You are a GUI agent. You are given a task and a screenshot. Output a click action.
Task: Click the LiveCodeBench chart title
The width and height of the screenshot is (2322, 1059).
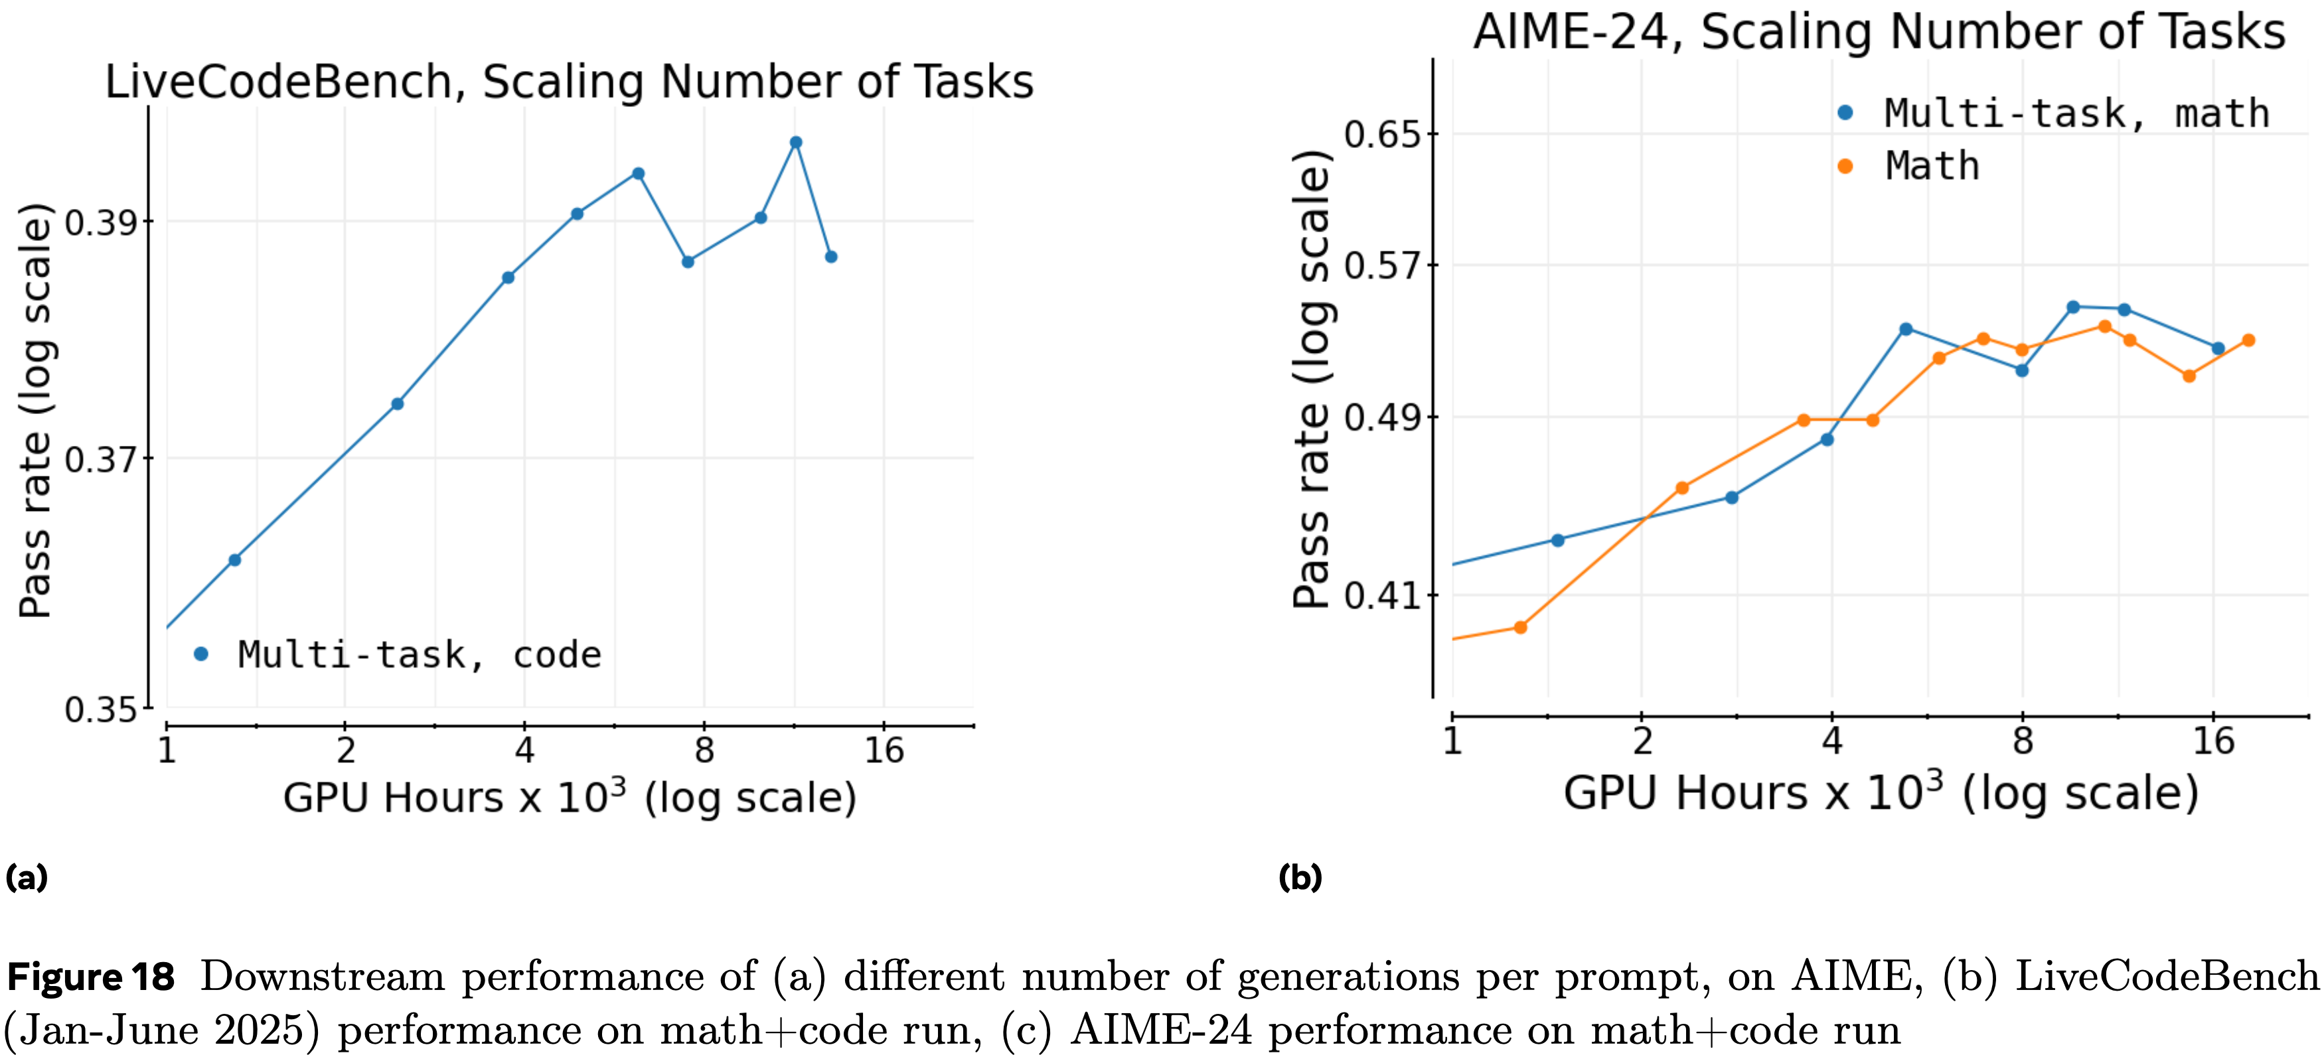(x=569, y=82)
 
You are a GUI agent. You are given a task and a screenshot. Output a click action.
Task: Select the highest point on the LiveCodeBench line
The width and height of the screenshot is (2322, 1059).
(x=796, y=143)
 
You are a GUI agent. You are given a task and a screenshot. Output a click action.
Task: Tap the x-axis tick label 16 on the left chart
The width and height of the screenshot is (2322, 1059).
(x=884, y=750)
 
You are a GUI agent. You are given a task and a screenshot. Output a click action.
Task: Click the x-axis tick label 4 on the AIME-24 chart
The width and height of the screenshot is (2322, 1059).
(x=1831, y=741)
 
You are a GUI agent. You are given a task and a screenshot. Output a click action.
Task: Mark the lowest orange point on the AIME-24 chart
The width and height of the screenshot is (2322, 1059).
(x=1521, y=627)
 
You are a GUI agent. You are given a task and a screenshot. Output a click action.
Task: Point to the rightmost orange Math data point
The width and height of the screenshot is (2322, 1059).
(x=2248, y=340)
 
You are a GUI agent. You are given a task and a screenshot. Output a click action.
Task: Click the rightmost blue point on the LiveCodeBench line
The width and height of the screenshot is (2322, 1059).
(x=831, y=257)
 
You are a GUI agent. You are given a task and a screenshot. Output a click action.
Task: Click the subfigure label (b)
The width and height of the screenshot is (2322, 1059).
(x=1300, y=877)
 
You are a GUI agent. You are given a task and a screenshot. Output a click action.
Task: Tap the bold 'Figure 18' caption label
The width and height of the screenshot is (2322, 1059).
(x=91, y=977)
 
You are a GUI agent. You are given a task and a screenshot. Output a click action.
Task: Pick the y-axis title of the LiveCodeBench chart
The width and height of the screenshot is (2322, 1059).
(x=36, y=410)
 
